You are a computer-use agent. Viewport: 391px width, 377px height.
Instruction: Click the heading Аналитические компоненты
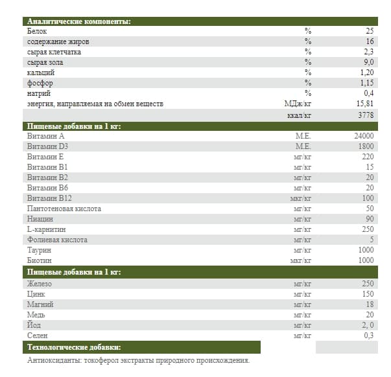78,21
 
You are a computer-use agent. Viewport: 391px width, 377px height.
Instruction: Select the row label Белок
38,31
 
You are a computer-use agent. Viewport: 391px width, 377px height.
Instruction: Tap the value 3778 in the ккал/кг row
366,115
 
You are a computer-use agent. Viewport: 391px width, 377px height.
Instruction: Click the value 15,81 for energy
365,104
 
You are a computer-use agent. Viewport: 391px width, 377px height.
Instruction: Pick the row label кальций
41,73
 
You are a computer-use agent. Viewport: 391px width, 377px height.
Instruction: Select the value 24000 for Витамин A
364,136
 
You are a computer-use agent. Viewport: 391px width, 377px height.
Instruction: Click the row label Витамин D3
49,146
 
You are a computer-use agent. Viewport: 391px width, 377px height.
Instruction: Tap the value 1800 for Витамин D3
366,146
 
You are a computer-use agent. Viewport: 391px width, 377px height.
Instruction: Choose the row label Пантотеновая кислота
64,209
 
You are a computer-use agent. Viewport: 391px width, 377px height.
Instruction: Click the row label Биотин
39,260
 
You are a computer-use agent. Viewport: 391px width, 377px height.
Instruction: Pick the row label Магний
40,304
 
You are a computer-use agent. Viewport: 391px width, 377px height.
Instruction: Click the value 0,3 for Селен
369,336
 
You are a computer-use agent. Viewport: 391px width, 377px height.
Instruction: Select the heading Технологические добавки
75,348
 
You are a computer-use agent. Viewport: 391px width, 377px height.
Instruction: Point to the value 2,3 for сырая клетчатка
369,52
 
